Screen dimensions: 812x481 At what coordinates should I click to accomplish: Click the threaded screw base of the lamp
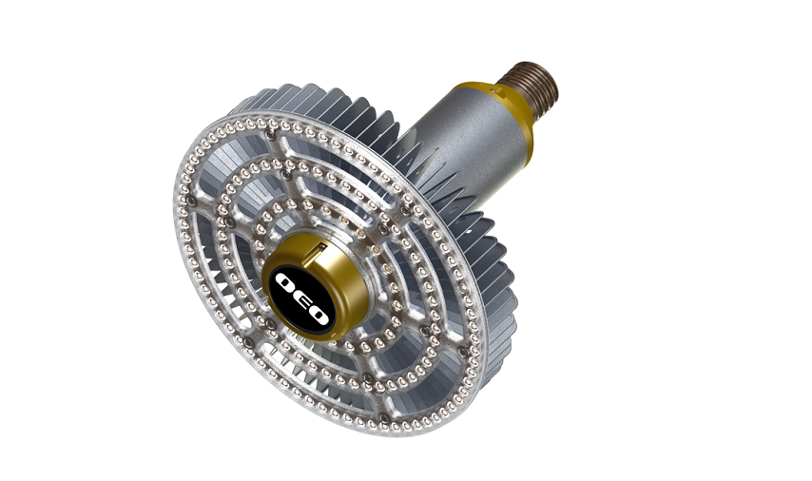(x=530, y=85)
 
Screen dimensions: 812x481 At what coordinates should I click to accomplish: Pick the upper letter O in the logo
(x=286, y=282)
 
